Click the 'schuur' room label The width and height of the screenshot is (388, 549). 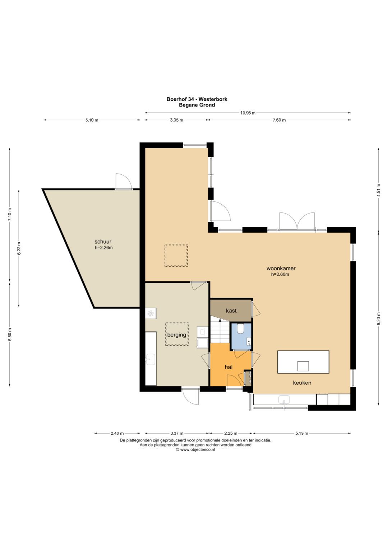click(x=103, y=242)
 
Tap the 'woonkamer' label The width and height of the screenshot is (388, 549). click(x=281, y=268)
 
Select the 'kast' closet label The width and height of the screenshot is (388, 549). click(x=231, y=311)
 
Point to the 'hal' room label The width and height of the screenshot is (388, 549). click(x=228, y=367)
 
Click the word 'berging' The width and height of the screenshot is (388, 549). click(x=177, y=335)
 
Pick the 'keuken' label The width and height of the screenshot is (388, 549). click(x=302, y=383)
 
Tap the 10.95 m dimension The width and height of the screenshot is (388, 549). click(x=248, y=113)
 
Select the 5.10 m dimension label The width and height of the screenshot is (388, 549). click(x=92, y=120)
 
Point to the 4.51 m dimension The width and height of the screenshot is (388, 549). click(x=379, y=190)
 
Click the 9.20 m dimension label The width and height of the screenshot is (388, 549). click(x=379, y=319)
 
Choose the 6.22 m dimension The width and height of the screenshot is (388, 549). click(x=19, y=248)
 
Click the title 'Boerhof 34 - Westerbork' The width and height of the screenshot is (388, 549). click(x=197, y=99)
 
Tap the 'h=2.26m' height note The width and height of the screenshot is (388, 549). click(x=103, y=248)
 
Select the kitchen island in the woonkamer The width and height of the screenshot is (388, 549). click(x=303, y=362)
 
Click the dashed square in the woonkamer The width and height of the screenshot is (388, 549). click(x=176, y=255)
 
